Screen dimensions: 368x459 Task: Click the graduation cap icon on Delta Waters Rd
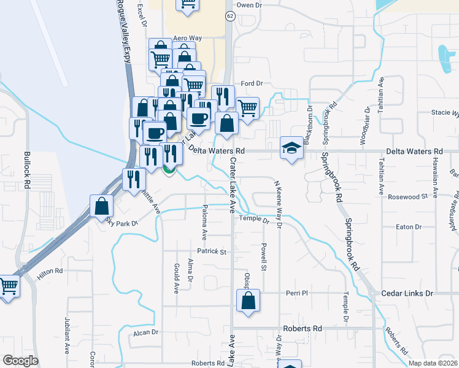[x=292, y=147]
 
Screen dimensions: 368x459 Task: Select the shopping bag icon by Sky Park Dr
[x=101, y=207]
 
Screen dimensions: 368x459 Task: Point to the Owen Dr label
[x=249, y=5]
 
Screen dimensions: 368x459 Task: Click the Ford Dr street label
[x=252, y=83]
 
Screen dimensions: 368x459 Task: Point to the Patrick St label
[x=212, y=251]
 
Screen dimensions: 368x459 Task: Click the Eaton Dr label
[x=409, y=227]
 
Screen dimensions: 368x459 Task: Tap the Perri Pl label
[x=296, y=294]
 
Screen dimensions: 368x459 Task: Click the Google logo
[x=20, y=361]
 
